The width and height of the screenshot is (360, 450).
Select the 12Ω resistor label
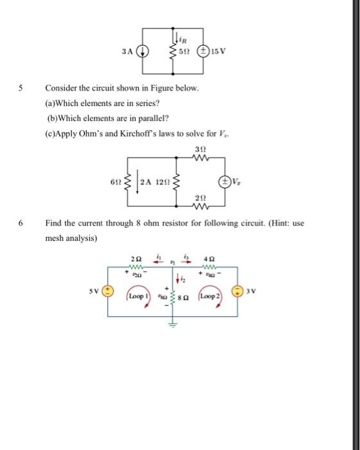163,181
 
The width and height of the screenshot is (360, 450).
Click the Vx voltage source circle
224,181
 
